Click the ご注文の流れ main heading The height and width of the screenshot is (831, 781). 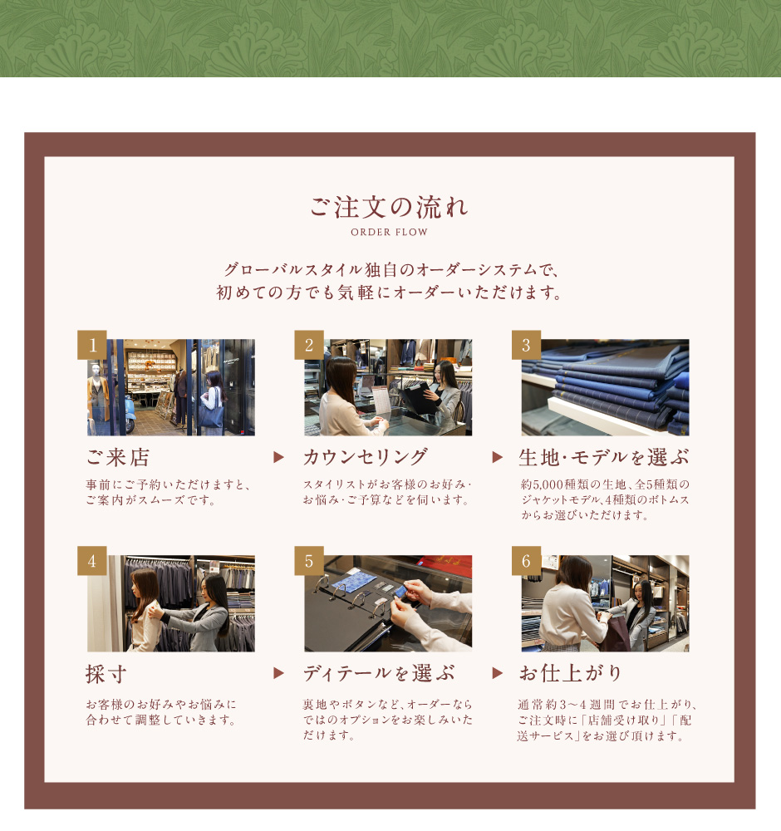(x=389, y=207)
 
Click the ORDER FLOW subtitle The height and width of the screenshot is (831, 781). (x=389, y=232)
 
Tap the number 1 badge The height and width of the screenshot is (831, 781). (x=92, y=345)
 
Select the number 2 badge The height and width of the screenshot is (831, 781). (x=309, y=345)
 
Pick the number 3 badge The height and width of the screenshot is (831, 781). (x=526, y=345)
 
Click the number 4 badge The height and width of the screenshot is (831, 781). (x=92, y=561)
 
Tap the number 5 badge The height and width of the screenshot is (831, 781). (x=309, y=561)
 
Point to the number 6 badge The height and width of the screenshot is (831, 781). (x=526, y=561)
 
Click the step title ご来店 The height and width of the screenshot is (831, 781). (x=118, y=457)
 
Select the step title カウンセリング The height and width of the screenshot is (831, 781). (x=365, y=457)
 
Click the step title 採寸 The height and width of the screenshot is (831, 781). (x=106, y=674)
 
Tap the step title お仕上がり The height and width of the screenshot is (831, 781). (x=570, y=673)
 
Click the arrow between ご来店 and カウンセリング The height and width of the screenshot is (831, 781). (x=278, y=457)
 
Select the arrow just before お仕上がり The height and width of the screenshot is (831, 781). (x=497, y=673)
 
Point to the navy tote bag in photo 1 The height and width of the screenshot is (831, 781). (x=210, y=412)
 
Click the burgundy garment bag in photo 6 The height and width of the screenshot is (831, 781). (x=614, y=632)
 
